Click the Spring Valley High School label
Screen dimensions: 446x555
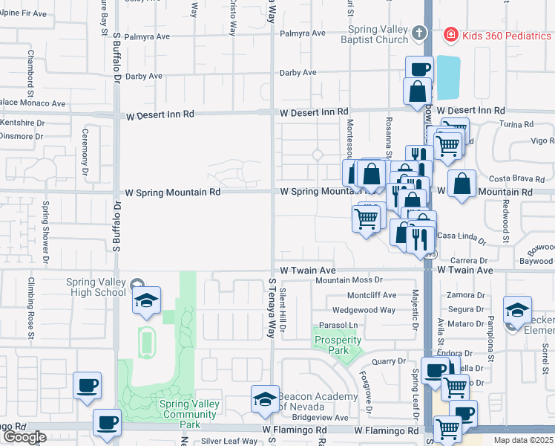(x=96, y=287)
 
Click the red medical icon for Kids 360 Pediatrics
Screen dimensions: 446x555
(x=450, y=34)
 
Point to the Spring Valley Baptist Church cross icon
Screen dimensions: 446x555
(x=420, y=33)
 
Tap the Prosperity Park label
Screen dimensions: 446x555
(x=338, y=345)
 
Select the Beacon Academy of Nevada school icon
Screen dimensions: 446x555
(x=265, y=399)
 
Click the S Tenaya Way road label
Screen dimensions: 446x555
(x=272, y=308)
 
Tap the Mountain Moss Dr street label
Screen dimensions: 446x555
(x=348, y=280)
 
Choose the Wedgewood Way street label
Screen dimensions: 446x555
(x=364, y=310)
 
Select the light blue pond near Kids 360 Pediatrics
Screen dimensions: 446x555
(x=447, y=78)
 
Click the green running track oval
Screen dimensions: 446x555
(x=147, y=341)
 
